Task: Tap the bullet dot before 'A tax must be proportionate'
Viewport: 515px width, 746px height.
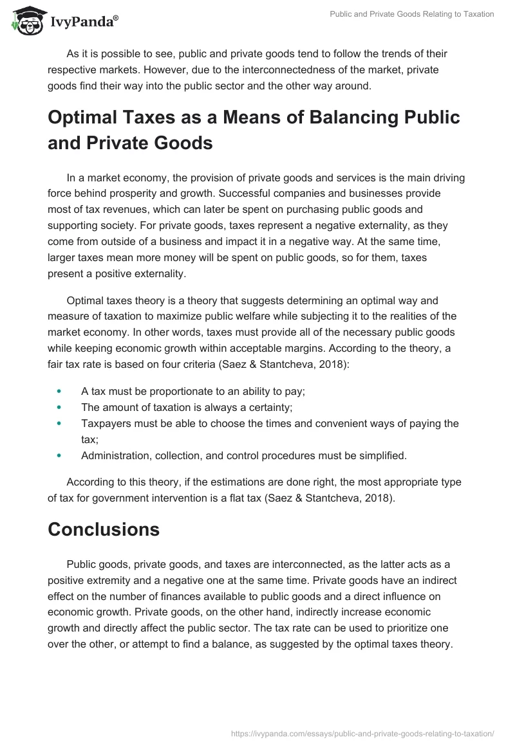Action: click(59, 390)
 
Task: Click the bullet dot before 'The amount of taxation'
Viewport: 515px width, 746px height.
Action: click(59, 406)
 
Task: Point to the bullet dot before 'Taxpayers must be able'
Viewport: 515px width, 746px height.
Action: click(59, 423)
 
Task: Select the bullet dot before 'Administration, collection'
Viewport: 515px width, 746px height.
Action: click(59, 456)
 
